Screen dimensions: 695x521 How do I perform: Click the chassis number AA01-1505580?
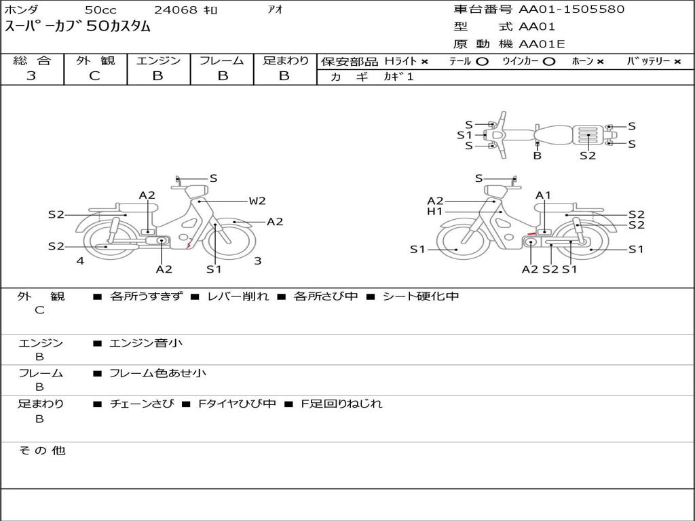[571, 9]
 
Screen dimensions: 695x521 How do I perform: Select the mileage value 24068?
[175, 9]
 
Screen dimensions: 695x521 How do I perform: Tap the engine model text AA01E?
[542, 44]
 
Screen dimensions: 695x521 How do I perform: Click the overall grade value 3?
[31, 76]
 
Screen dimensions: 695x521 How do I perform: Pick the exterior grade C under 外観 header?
[94, 76]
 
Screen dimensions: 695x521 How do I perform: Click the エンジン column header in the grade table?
[158, 60]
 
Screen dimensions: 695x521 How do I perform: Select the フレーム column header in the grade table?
[222, 60]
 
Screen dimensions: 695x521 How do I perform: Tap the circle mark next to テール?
[483, 62]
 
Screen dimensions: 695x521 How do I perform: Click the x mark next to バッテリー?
[677, 62]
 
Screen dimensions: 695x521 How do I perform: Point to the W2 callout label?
[257, 201]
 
